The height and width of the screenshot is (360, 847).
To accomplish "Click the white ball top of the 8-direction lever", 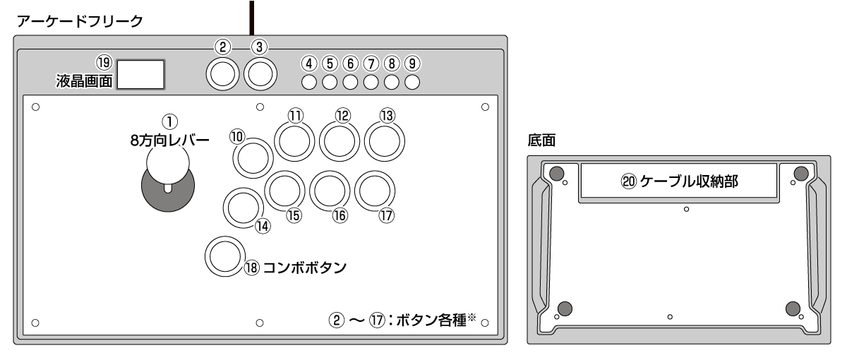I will pyautogui.click(x=167, y=164).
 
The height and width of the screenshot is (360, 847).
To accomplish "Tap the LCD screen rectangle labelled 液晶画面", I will pyautogui.click(x=140, y=74).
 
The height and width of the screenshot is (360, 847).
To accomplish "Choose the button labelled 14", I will pyautogui.click(x=242, y=208).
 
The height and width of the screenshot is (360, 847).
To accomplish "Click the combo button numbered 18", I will pyautogui.click(x=224, y=256).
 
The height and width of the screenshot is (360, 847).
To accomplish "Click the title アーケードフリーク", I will pyautogui.click(x=84, y=22).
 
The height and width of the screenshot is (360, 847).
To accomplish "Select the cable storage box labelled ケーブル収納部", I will pyautogui.click(x=678, y=181).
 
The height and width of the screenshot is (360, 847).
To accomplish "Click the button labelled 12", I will pyautogui.click(x=340, y=141).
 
